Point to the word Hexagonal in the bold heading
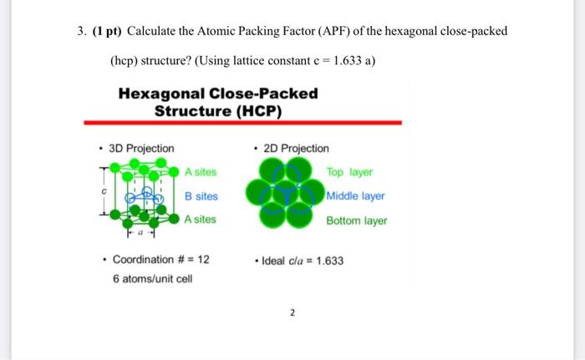pos(164,93)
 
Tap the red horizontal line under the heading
pos(242,123)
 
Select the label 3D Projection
pos(142,149)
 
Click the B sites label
pos(201,196)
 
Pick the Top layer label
pos(349,172)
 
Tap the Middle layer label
pos(356,196)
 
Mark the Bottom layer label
pos(357,221)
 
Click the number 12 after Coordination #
pos(203,260)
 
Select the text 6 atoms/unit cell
pos(152,278)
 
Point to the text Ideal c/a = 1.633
pos(302,260)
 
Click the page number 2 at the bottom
pos(292,314)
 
